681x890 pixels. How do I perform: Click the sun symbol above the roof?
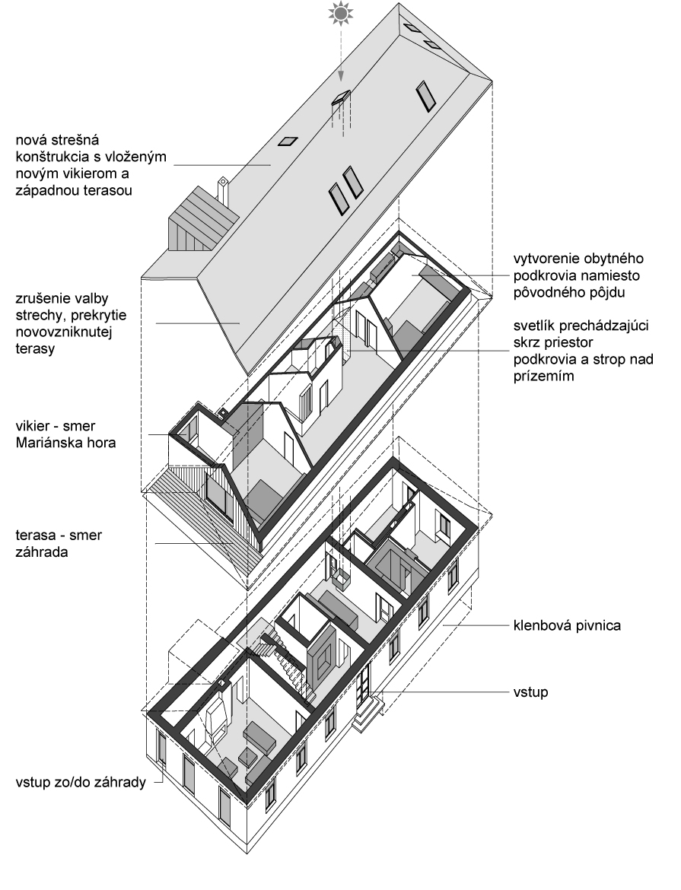[x=341, y=14]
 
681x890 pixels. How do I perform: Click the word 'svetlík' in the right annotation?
[x=534, y=326]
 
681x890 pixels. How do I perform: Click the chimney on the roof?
[x=224, y=190]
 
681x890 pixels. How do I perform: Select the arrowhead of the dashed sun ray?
[x=341, y=75]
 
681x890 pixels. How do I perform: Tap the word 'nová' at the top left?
[x=34, y=141]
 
